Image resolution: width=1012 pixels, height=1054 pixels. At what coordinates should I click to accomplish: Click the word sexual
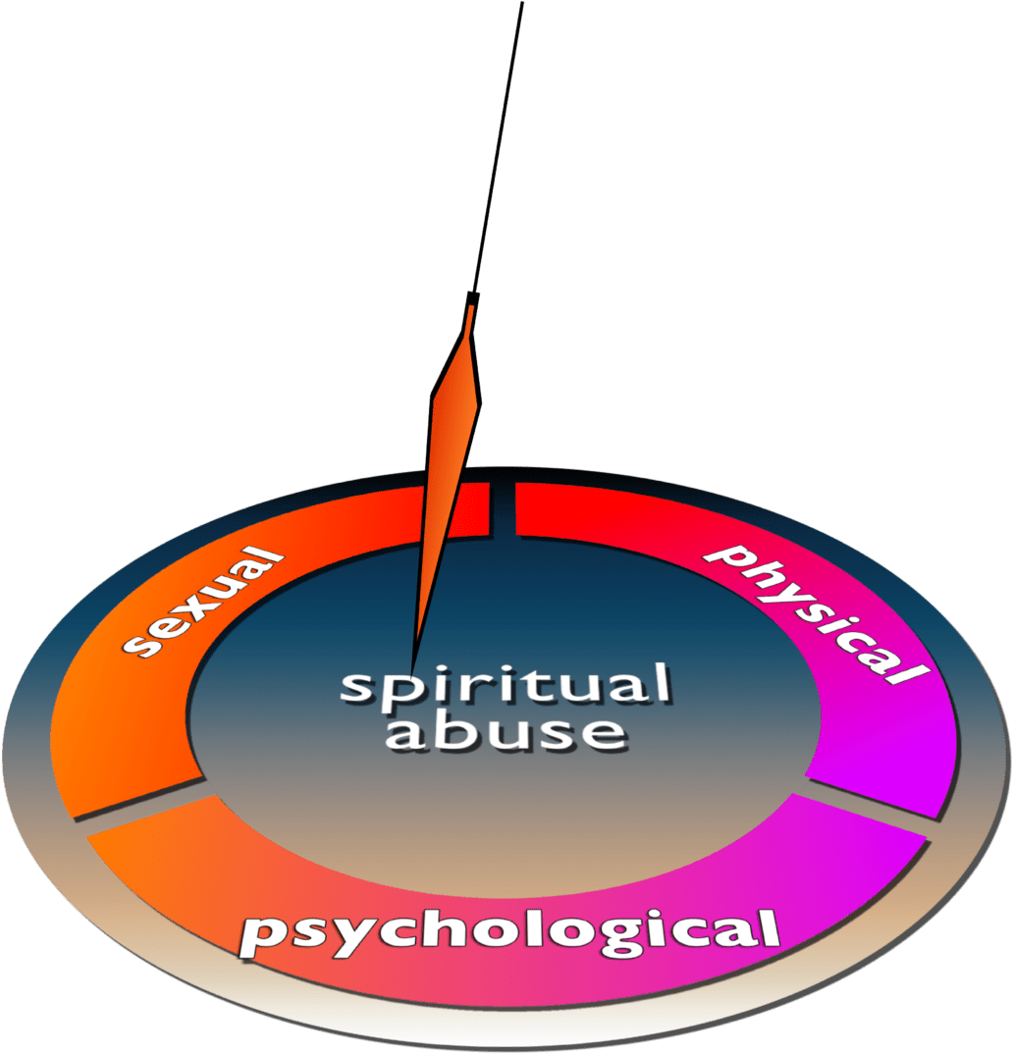[x=203, y=602]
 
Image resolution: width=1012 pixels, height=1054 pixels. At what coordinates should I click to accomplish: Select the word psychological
[x=510, y=931]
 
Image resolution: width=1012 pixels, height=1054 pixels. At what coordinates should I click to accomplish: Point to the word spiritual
[x=506, y=685]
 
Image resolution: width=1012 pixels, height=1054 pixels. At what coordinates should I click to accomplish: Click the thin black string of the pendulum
[x=499, y=146]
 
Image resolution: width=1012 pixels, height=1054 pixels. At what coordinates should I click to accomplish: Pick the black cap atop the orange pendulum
[x=473, y=297]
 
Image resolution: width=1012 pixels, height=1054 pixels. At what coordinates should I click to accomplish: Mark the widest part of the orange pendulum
[x=455, y=400]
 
